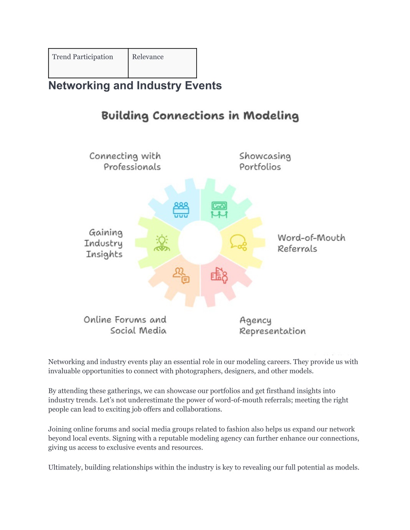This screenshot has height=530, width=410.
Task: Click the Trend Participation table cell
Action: (88, 63)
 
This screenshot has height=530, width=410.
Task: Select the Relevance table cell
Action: (163, 63)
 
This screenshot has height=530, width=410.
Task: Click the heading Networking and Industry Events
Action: (135, 86)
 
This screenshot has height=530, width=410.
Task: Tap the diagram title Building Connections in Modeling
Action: (200, 116)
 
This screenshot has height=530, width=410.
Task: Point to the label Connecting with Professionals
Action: (125, 162)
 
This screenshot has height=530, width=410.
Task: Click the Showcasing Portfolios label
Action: (265, 162)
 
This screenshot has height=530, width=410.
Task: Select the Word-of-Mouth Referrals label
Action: (312, 243)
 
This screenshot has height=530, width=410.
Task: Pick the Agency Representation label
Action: (272, 326)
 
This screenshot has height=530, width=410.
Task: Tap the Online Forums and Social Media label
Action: (125, 325)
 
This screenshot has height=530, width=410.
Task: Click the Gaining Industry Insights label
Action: (103, 244)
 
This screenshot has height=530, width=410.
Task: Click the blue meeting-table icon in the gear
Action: (181, 210)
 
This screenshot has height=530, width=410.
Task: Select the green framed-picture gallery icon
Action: (219, 210)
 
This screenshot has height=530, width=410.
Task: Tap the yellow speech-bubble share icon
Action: (238, 243)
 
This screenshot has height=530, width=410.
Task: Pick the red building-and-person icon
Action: (219, 275)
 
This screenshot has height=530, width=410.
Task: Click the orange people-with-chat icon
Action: (181, 276)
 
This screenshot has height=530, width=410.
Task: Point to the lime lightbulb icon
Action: (162, 243)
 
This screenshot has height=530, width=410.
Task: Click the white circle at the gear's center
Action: (200, 243)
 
